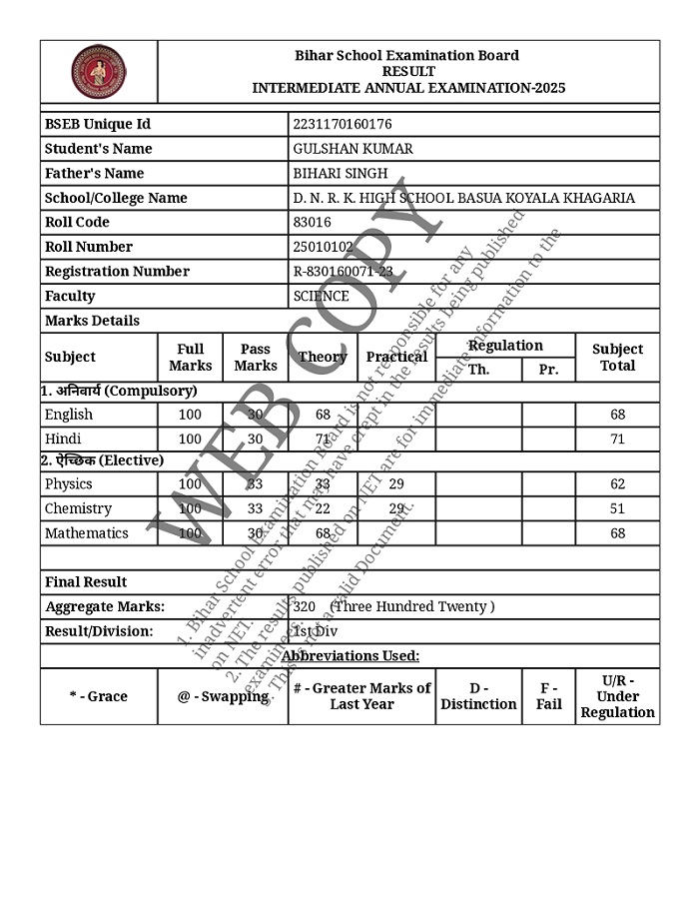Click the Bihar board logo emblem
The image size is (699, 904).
[x=99, y=71]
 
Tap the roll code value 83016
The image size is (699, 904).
[x=313, y=222]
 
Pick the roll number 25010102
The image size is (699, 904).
[x=324, y=247]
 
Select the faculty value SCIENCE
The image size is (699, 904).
[x=322, y=296]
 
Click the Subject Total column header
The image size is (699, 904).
[x=617, y=357]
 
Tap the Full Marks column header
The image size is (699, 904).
[x=190, y=357]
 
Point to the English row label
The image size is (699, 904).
[x=69, y=415]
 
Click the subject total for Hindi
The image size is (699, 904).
[x=617, y=439]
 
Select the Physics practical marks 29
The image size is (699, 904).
[x=396, y=483]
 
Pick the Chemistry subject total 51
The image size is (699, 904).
[x=617, y=508]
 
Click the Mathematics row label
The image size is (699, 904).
[x=87, y=533]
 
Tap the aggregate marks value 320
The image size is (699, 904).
[x=306, y=606]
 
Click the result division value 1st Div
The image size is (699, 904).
[x=316, y=631]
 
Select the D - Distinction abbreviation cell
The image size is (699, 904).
[x=479, y=696]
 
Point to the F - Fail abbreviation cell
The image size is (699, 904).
[x=549, y=696]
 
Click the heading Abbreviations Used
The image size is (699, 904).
[x=349, y=655]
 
